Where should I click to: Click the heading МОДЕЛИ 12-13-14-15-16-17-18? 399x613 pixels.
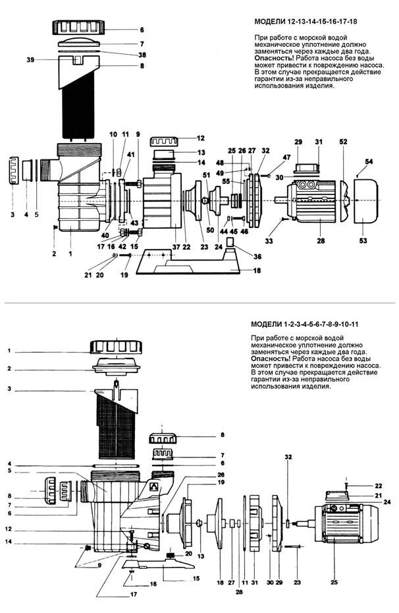pos(306,21)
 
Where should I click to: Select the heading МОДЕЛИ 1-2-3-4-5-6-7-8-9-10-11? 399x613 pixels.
pos(305,324)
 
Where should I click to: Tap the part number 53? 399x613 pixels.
pos(363,241)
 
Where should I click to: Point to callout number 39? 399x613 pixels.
pos(30,59)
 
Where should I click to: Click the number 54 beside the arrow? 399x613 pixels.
pos(369,161)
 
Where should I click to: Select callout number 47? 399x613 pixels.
pos(286,158)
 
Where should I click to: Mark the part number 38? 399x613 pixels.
pos(142,55)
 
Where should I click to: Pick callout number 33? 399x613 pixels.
pos(269,241)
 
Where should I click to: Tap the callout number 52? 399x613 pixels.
pos(343,142)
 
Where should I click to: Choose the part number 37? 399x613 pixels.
pos(176,247)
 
